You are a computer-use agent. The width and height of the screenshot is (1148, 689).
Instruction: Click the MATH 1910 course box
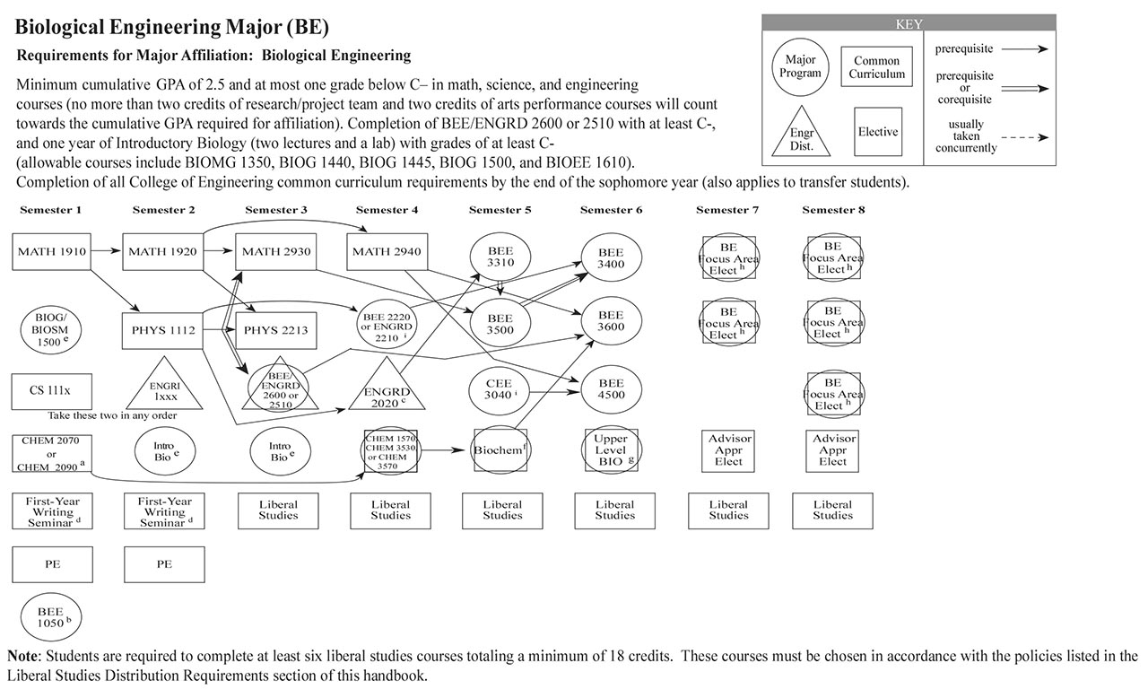[x=51, y=252]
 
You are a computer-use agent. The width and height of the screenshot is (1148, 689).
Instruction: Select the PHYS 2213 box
[x=274, y=330]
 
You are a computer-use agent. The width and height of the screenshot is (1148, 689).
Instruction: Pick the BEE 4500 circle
[x=610, y=389]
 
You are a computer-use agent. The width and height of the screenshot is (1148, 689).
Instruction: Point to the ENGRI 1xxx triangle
[x=163, y=390]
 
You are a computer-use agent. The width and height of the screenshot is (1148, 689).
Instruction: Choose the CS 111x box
[x=51, y=391]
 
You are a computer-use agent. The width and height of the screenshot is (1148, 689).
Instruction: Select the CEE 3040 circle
[x=500, y=389]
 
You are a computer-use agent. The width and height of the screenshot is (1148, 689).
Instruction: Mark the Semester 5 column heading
[x=500, y=210]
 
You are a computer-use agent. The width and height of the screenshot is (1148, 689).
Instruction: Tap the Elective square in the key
[x=877, y=132]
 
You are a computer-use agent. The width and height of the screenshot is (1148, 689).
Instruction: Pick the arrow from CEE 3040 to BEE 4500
[x=556, y=391]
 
